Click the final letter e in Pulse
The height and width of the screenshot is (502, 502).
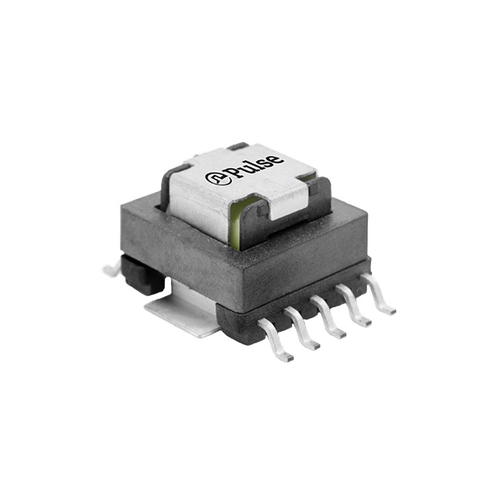coord(275,160)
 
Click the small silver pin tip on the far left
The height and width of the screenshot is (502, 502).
coord(110,270)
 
